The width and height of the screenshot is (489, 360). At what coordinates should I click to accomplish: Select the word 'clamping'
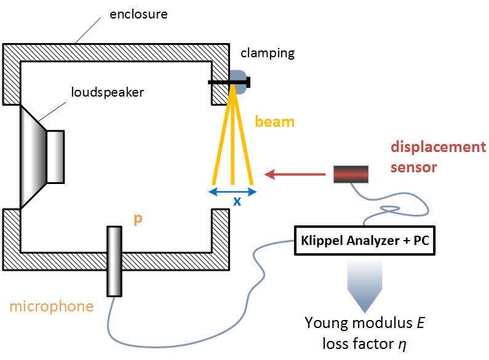[x=268, y=53]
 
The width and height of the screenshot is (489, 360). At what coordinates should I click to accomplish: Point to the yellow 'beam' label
[x=274, y=122]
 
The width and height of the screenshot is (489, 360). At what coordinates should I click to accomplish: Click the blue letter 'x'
[x=236, y=201]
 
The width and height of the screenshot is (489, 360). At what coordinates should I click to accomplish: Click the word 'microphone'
[x=52, y=306]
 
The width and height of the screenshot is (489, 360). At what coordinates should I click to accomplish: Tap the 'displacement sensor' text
[x=437, y=156]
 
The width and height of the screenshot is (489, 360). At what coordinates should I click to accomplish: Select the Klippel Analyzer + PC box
[x=365, y=241]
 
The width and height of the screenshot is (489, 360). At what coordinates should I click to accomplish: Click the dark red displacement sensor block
[x=351, y=174]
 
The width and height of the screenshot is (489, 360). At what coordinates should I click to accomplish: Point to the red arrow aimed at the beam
[x=295, y=175]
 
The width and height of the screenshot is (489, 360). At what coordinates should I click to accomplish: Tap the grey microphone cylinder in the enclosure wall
[x=114, y=261]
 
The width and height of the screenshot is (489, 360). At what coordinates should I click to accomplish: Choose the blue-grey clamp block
[x=238, y=81]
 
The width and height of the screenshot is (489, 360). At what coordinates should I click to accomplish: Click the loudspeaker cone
[x=34, y=156]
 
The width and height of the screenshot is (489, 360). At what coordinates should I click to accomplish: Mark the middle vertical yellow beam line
[x=233, y=135]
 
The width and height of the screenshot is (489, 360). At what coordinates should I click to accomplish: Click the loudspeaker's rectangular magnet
[x=55, y=156]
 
